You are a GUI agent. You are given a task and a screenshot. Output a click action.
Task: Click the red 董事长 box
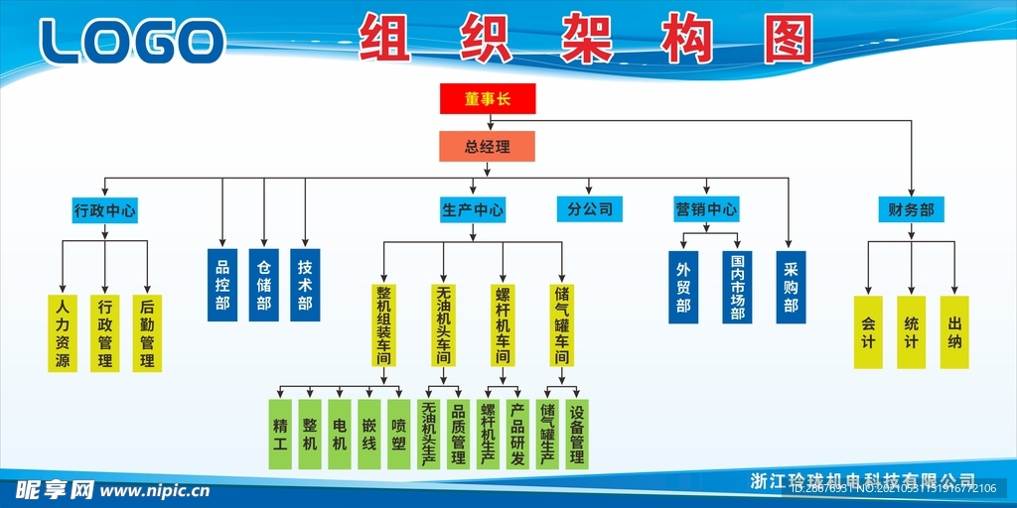(x=488, y=98)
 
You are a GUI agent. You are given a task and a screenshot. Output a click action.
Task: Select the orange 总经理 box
(x=488, y=147)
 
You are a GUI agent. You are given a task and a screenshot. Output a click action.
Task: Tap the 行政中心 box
(x=105, y=210)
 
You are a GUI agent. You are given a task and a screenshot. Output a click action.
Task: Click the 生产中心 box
(x=473, y=210)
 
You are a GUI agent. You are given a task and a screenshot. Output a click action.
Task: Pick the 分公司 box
(x=590, y=209)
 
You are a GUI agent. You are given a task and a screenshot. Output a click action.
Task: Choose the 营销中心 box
(x=706, y=209)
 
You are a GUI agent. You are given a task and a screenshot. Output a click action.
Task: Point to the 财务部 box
(x=911, y=209)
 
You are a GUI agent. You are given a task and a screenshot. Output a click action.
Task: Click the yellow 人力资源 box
(x=63, y=333)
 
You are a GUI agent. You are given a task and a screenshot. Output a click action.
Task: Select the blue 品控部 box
(x=222, y=285)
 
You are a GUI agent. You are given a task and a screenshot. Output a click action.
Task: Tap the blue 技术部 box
(x=305, y=285)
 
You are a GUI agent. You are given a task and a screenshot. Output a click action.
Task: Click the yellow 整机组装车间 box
(x=383, y=324)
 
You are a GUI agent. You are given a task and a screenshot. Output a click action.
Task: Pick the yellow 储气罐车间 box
(x=562, y=324)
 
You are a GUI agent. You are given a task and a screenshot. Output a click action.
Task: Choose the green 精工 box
(x=279, y=434)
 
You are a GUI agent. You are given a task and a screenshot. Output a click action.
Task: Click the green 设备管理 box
(x=577, y=434)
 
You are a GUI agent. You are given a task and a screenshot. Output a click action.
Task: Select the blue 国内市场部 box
(x=737, y=287)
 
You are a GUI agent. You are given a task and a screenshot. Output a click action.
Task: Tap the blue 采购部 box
(x=791, y=287)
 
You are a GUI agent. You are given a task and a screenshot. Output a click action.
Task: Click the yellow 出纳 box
(x=954, y=332)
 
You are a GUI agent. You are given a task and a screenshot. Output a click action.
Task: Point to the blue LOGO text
(x=132, y=42)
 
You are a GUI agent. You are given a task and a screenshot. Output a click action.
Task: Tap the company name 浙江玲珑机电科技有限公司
(x=863, y=480)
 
